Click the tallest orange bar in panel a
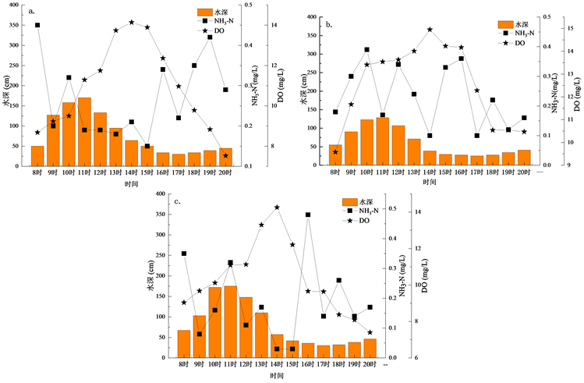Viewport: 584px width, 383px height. (x=84, y=132)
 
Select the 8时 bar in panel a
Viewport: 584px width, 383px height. (x=37, y=156)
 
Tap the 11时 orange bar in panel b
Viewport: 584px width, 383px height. (x=382, y=141)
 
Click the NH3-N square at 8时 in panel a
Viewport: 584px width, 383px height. (x=37, y=25)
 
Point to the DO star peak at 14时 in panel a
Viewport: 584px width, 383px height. (x=131, y=23)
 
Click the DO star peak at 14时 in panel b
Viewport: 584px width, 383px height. (x=430, y=30)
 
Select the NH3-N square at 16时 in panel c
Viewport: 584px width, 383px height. (x=308, y=215)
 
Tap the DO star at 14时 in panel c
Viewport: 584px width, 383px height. (x=277, y=207)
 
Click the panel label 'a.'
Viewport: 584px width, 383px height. (x=31, y=12)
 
